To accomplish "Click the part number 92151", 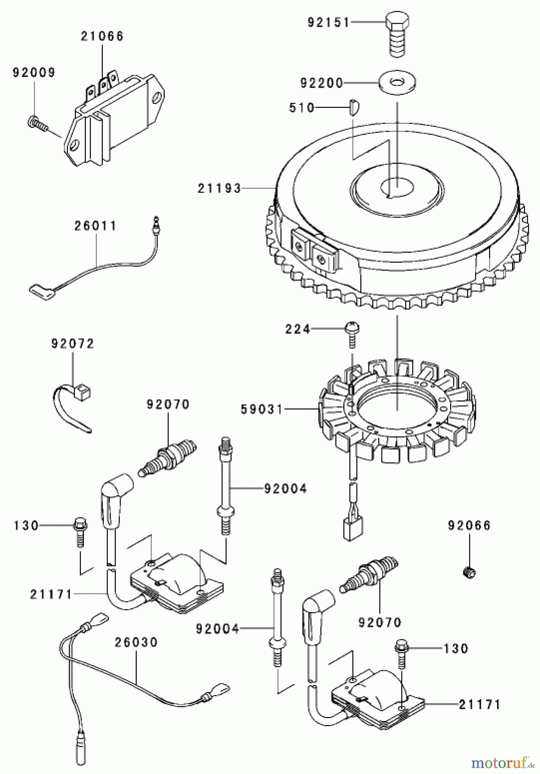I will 329,22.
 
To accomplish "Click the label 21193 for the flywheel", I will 220,188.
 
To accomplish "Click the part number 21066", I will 102,36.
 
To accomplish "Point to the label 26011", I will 95,226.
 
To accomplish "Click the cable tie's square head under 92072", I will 84,391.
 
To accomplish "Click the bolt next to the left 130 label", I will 80,531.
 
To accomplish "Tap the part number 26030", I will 136,642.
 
